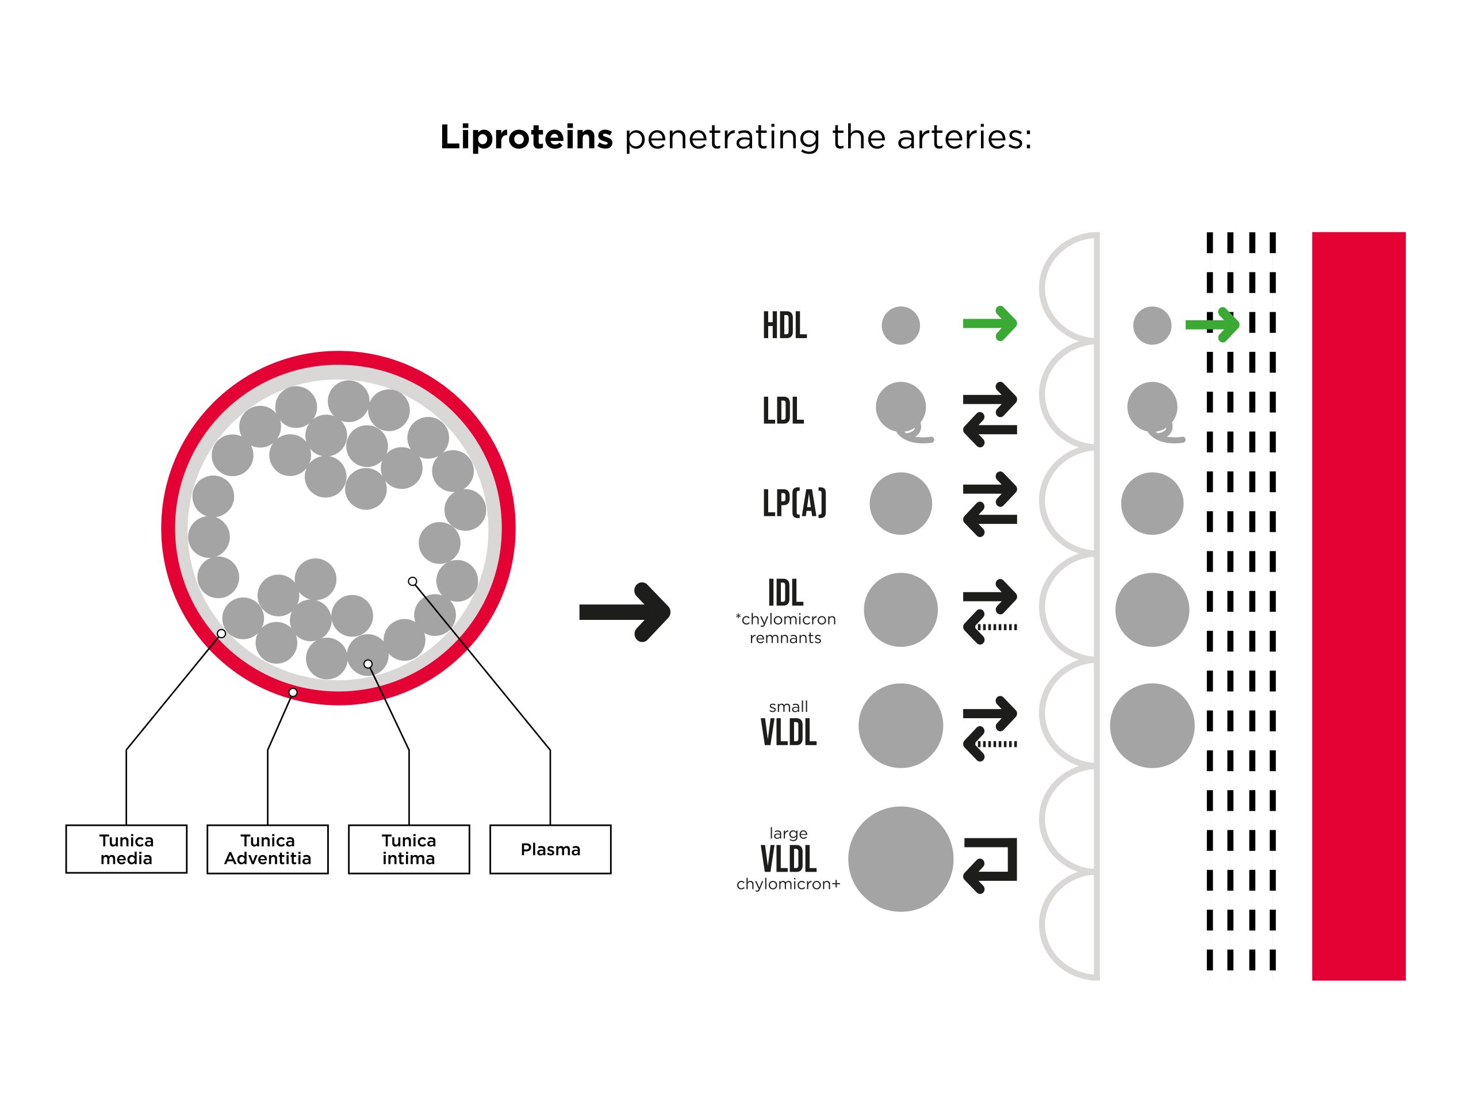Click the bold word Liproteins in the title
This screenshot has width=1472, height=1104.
click(x=526, y=137)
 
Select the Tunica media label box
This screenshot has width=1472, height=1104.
click(x=126, y=849)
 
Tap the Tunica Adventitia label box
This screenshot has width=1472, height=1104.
click(x=267, y=849)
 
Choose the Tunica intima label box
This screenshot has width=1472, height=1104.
click(x=409, y=849)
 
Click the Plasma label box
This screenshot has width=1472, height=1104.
click(x=550, y=849)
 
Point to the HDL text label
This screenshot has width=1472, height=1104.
click(x=784, y=326)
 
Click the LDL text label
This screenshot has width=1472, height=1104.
click(x=783, y=411)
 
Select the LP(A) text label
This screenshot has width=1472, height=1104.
click(x=795, y=503)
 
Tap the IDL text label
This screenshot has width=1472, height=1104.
click(x=785, y=593)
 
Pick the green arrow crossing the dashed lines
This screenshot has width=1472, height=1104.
click(x=1213, y=325)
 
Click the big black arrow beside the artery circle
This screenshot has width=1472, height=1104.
click(x=624, y=612)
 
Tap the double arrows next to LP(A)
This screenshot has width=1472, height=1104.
click(x=990, y=504)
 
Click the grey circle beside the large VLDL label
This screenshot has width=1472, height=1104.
click(x=900, y=859)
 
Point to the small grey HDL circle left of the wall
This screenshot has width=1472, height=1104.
click(x=900, y=325)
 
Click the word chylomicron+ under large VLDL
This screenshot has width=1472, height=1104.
click(x=788, y=884)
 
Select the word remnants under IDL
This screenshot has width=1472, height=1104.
click(x=785, y=638)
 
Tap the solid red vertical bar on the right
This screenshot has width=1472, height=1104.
click(x=1358, y=606)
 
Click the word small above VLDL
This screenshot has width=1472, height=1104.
click(x=788, y=707)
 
